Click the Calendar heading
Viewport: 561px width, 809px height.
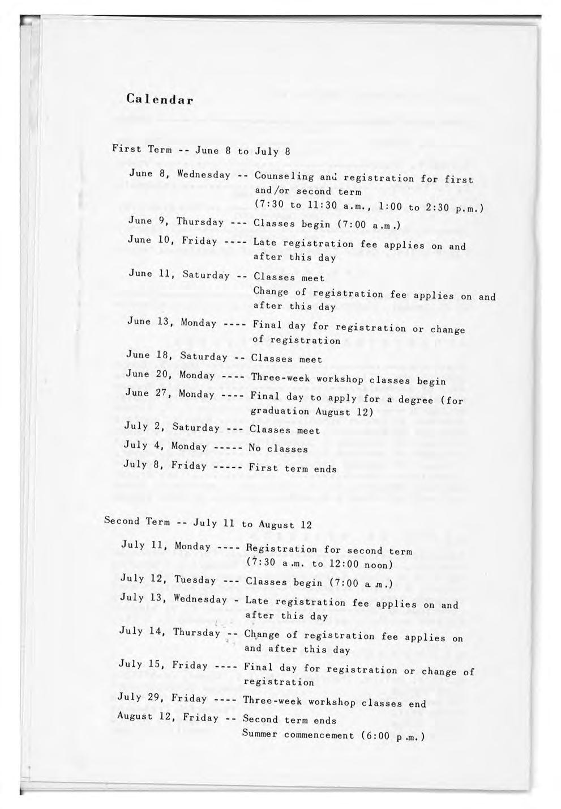(160, 100)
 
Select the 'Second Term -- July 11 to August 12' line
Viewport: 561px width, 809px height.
(208, 523)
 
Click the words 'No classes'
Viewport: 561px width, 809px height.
(279, 449)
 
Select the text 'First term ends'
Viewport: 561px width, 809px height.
(293, 469)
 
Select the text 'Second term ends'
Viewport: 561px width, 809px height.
(289, 720)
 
